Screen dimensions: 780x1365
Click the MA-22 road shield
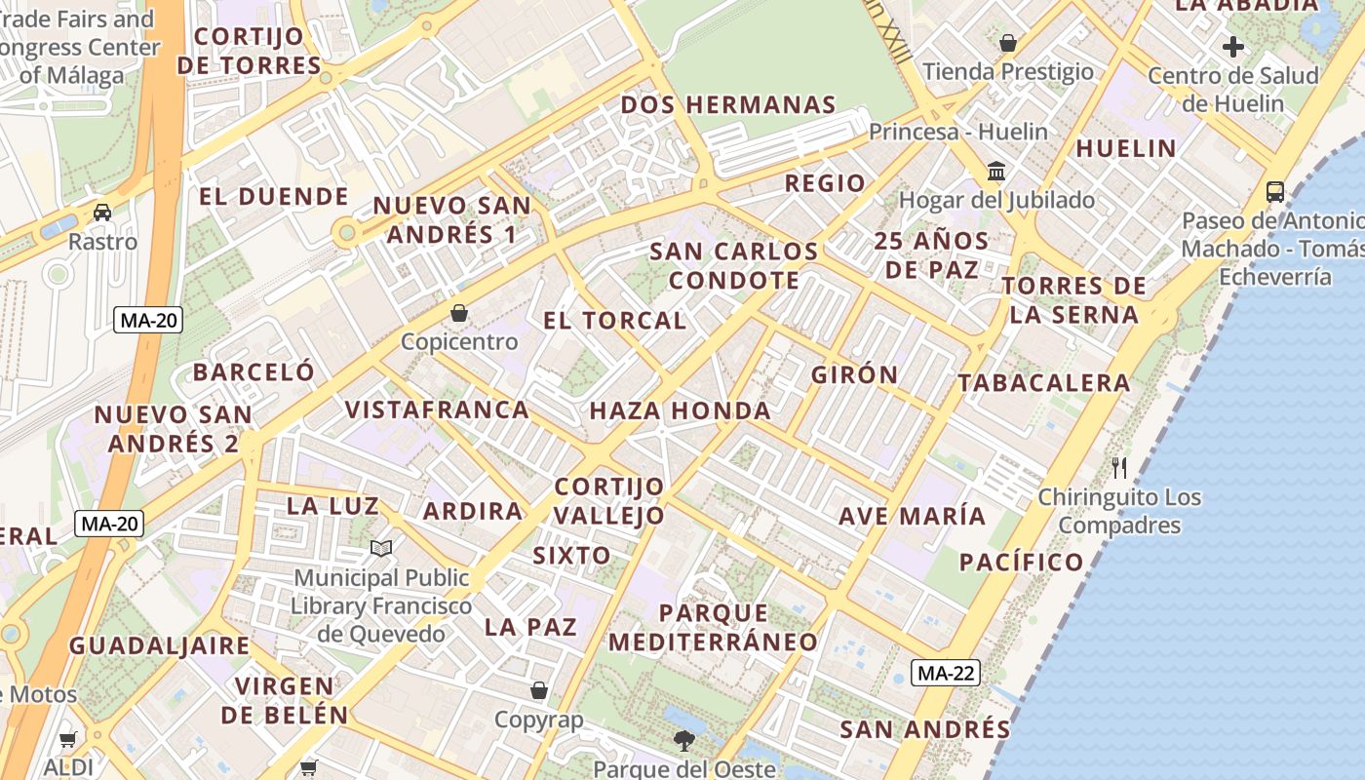(x=946, y=673)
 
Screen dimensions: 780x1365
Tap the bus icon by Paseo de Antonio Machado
(x=1274, y=191)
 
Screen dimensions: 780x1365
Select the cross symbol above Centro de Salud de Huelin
(x=1233, y=46)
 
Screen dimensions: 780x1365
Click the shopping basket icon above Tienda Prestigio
(x=1008, y=43)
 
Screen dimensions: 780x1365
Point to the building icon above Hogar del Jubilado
(x=996, y=172)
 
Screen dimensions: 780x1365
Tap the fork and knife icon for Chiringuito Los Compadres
(x=1119, y=468)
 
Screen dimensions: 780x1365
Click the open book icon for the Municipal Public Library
(x=381, y=549)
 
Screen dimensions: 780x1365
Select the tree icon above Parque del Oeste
(x=684, y=740)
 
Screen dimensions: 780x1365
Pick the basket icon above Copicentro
(x=459, y=313)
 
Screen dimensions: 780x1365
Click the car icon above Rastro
(x=102, y=212)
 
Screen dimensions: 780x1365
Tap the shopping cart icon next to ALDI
(x=67, y=739)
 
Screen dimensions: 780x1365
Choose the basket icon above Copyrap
(x=538, y=691)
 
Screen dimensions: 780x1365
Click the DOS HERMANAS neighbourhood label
(x=728, y=104)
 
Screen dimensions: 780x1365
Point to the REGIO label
(x=825, y=183)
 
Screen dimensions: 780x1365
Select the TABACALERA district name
(x=1043, y=383)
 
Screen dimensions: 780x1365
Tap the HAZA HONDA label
(x=680, y=410)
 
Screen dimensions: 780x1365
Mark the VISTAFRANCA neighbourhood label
(x=437, y=409)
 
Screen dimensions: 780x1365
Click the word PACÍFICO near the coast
(x=1021, y=562)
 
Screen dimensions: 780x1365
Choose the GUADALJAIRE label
(x=160, y=645)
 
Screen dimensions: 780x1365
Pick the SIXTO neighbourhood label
(x=571, y=556)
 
